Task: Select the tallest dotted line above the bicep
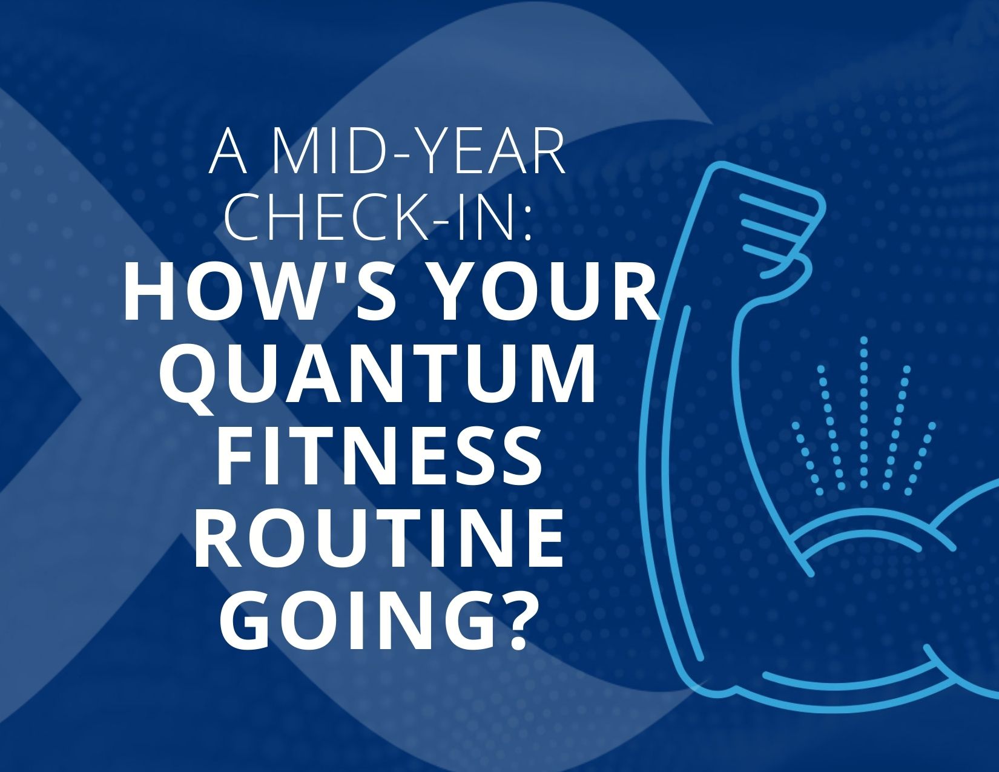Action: (x=863, y=412)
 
